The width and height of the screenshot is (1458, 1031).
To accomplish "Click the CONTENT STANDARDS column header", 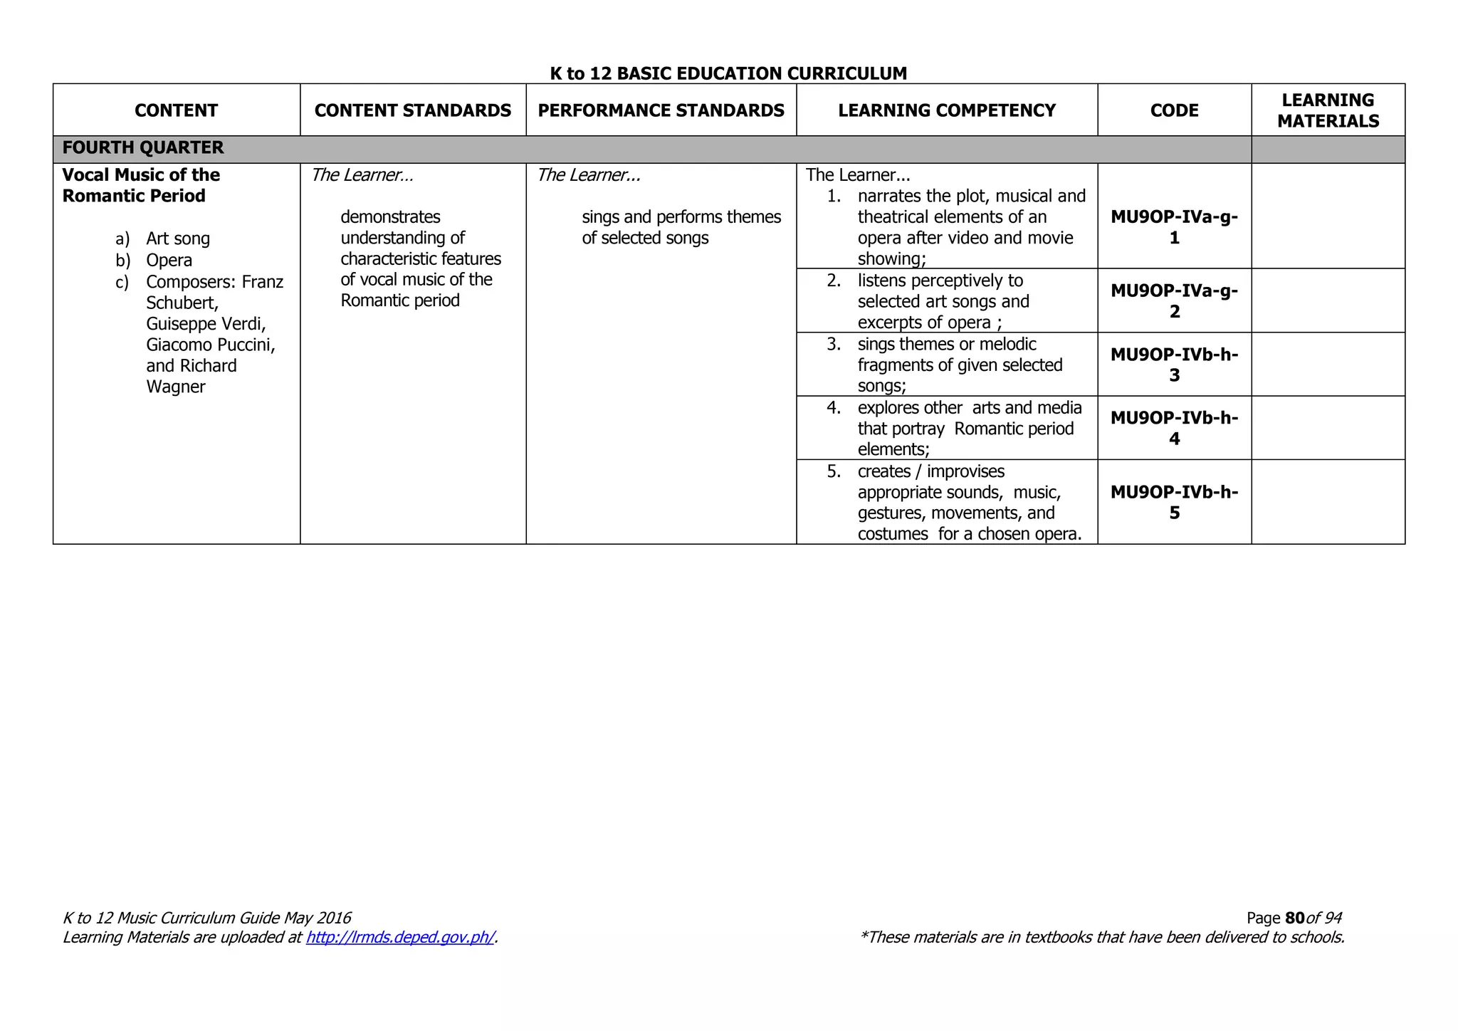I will [x=413, y=110].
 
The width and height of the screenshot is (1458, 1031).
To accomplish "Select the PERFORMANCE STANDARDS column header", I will [x=661, y=110].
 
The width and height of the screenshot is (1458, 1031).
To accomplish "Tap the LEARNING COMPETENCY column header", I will [x=946, y=110].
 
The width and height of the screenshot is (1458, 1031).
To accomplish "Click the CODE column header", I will [x=1174, y=110].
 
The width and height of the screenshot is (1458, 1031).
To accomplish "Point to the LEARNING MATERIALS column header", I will [x=1328, y=110].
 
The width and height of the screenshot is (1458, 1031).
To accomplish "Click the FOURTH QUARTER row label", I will [x=143, y=148].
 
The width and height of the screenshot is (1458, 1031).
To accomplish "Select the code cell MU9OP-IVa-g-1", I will [x=1174, y=227].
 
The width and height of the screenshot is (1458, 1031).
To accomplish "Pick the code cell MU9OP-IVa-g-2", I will [x=1174, y=301].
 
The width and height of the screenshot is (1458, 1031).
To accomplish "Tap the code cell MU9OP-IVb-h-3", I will [x=1174, y=365].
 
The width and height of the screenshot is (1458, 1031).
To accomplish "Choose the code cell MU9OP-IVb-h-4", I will [x=1174, y=428].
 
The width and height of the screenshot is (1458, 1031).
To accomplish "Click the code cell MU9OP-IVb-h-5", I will [x=1174, y=502].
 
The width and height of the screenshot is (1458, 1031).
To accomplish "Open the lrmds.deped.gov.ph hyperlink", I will [x=400, y=938].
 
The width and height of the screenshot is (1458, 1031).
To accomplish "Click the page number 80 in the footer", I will [x=1295, y=919].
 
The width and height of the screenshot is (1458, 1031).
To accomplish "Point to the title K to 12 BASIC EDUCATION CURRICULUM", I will [x=728, y=73].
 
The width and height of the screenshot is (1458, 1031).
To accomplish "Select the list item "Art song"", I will [x=178, y=239].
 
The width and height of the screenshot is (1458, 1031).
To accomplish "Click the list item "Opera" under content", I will [x=169, y=261].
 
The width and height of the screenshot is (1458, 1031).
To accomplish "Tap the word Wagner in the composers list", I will [x=176, y=387].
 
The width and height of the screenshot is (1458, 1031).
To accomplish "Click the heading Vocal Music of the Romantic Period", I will [x=141, y=185].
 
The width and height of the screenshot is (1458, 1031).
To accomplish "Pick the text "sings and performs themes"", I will [x=681, y=217].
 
